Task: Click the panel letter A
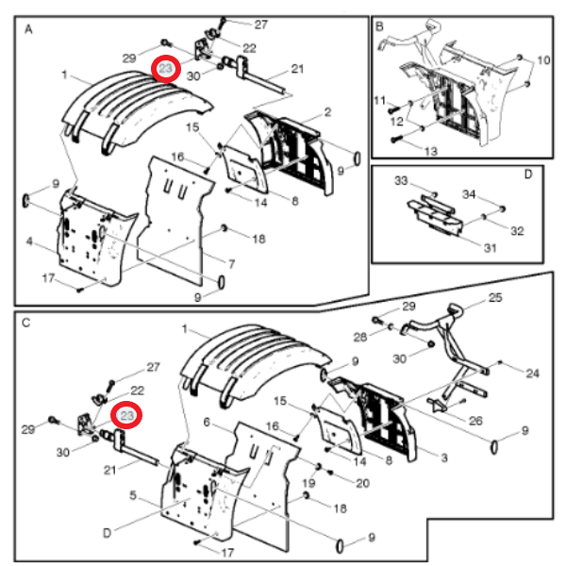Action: [x=28, y=29]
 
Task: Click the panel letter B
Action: [x=379, y=28]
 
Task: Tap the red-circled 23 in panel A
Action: [x=166, y=70]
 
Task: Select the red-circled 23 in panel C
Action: [x=127, y=415]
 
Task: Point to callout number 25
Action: [x=495, y=299]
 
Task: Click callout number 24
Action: [x=532, y=374]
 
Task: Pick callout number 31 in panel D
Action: [x=463, y=249]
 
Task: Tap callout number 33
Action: [x=400, y=179]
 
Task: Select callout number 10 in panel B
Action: [x=543, y=60]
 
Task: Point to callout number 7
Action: [x=231, y=261]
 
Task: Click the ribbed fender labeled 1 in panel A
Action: [x=123, y=108]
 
